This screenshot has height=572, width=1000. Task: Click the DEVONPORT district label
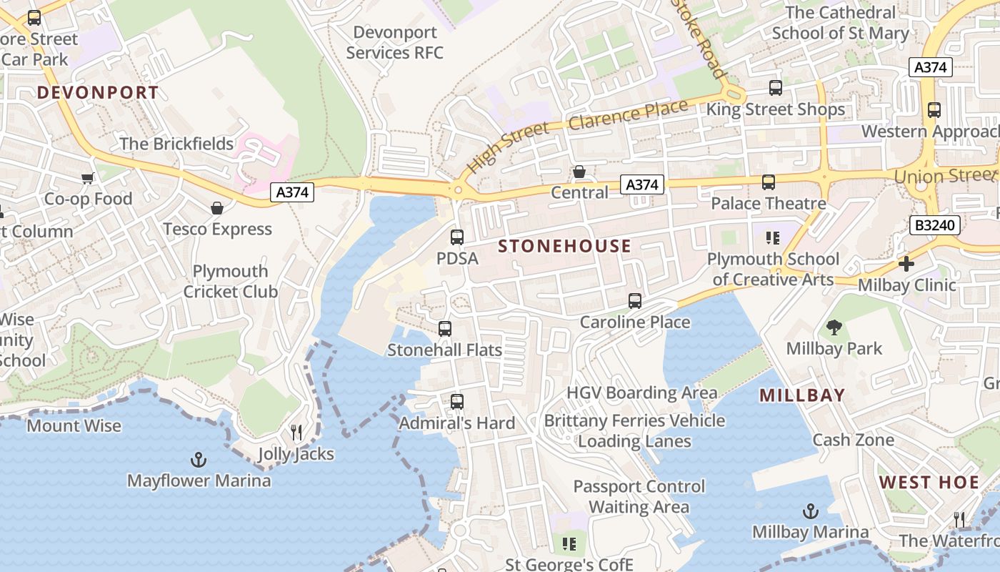pyautogui.click(x=98, y=92)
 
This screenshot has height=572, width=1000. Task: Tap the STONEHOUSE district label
pyautogui.click(x=564, y=246)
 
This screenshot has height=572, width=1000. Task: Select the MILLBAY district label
pyautogui.click(x=802, y=395)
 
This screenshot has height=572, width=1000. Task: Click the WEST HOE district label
pyautogui.click(x=929, y=482)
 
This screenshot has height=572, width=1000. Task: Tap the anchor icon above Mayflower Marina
pyautogui.click(x=199, y=460)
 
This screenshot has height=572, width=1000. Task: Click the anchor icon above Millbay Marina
pyautogui.click(x=810, y=511)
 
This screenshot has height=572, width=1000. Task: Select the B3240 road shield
pyautogui.click(x=934, y=225)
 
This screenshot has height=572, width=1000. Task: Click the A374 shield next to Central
pyautogui.click(x=641, y=185)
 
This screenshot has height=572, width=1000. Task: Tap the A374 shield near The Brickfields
pyautogui.click(x=292, y=192)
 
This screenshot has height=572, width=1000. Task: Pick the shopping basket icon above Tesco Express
pyautogui.click(x=217, y=208)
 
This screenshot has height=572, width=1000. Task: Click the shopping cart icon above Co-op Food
pyautogui.click(x=87, y=178)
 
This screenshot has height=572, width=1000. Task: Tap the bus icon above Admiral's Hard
pyautogui.click(x=457, y=402)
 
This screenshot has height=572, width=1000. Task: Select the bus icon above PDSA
pyautogui.click(x=457, y=237)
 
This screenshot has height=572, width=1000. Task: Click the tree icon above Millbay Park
pyautogui.click(x=834, y=327)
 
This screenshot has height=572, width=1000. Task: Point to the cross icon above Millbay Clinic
pyautogui.click(x=906, y=264)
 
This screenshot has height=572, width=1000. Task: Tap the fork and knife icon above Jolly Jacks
pyautogui.click(x=296, y=433)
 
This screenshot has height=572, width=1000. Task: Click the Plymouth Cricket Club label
pyautogui.click(x=230, y=282)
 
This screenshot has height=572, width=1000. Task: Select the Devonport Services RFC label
pyautogui.click(x=395, y=42)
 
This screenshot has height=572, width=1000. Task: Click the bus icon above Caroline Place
pyautogui.click(x=635, y=301)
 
